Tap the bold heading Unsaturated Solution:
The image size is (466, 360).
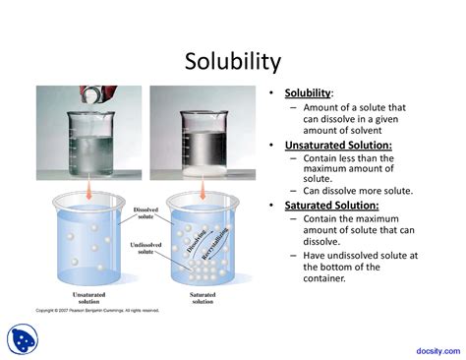338,145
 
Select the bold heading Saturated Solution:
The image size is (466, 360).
331,205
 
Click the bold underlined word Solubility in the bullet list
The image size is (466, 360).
308,93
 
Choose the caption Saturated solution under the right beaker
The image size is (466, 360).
204,298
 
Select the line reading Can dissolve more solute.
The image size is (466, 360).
357,191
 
